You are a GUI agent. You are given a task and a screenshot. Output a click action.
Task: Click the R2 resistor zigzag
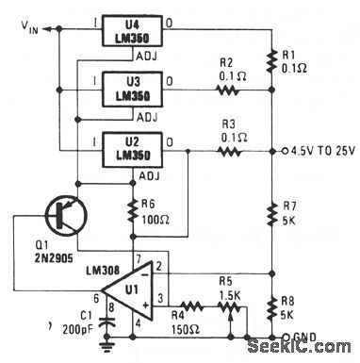[x=228, y=91]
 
